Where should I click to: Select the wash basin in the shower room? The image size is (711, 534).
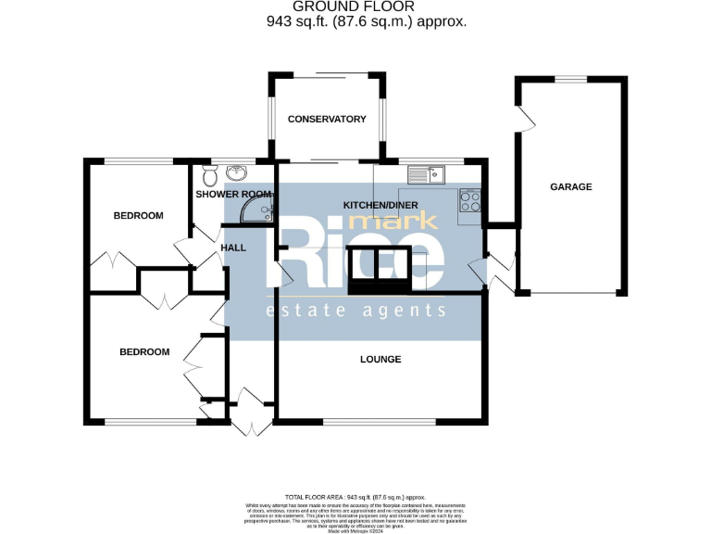click(238, 172)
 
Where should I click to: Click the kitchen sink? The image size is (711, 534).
click(427, 173)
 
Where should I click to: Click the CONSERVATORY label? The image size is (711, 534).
click(327, 119)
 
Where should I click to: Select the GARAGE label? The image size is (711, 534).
click(571, 186)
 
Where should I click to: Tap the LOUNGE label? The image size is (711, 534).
click(380, 359)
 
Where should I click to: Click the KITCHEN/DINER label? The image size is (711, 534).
click(380, 204)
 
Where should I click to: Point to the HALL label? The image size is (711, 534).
click(234, 248)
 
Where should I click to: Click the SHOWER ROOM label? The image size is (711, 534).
click(234, 195)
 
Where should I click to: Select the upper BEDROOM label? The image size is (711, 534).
click(138, 215)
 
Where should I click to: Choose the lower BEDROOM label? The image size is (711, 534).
click(144, 351)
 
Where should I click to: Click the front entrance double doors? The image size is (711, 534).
click(248, 413)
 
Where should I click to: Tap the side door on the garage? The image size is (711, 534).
click(525, 120)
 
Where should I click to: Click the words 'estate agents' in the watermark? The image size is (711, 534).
click(356, 311)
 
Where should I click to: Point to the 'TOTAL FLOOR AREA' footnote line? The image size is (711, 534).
click(355, 498)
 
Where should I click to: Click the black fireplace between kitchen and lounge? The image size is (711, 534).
click(379, 270)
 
